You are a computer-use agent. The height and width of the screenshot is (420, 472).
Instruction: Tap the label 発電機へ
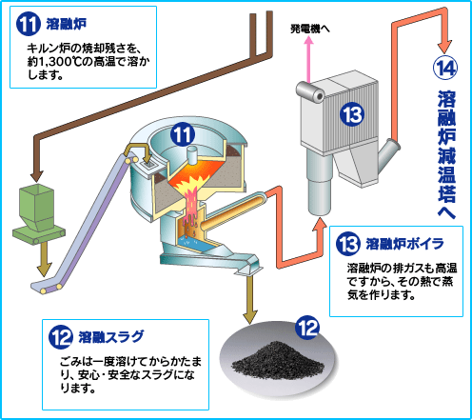[310, 30]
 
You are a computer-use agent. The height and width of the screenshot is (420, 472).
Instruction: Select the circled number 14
[445, 68]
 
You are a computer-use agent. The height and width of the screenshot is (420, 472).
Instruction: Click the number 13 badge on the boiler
[352, 114]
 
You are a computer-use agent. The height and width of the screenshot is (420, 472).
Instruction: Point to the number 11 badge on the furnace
[183, 134]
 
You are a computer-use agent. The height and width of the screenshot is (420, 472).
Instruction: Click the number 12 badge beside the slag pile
[307, 328]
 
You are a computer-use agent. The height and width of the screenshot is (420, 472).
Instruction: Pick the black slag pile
[278, 360]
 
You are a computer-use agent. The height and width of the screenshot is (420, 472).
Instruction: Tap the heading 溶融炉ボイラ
[405, 244]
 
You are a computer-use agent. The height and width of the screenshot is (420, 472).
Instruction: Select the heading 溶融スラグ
[111, 337]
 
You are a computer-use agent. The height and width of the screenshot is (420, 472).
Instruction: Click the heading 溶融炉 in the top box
[67, 24]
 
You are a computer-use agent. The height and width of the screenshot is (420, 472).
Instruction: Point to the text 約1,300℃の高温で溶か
[88, 62]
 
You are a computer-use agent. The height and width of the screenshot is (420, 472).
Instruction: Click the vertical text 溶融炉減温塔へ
[446, 154]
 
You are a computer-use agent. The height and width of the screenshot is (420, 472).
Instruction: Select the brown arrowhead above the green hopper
[37, 176]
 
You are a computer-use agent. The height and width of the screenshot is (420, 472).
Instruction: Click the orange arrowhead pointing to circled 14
[445, 47]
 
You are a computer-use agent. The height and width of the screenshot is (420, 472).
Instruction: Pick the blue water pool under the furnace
[193, 243]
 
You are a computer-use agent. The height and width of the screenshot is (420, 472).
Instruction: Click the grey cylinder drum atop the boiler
[310, 91]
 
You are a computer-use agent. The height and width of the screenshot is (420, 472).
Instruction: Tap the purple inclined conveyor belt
[85, 222]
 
